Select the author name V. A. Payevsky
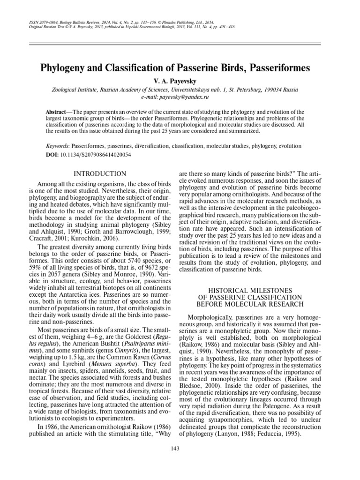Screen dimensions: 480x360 (180, 81)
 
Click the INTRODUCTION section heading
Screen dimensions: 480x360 (99, 174)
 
